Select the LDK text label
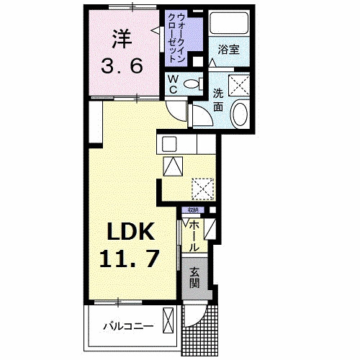pyautogui.click(x=131, y=232)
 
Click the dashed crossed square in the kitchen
pyautogui.click(x=203, y=189)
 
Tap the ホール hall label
pyautogui.click(x=194, y=235)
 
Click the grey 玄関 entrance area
pyautogui.click(x=195, y=277)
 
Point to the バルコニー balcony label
pyautogui.click(x=127, y=326)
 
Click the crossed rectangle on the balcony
pyautogui.click(x=169, y=319)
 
